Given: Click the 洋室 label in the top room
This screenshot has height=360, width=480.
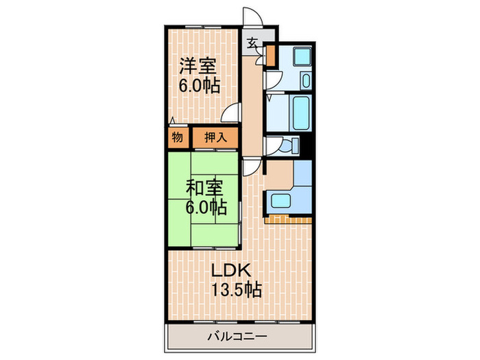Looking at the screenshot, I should click(199, 67).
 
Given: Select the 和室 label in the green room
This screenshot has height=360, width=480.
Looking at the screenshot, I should click(204, 187).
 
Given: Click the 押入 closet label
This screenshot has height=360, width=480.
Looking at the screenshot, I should click(215, 137).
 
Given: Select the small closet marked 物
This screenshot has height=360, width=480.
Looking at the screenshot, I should click(177, 137).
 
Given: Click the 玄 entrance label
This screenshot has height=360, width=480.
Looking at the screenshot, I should click(252, 43).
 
